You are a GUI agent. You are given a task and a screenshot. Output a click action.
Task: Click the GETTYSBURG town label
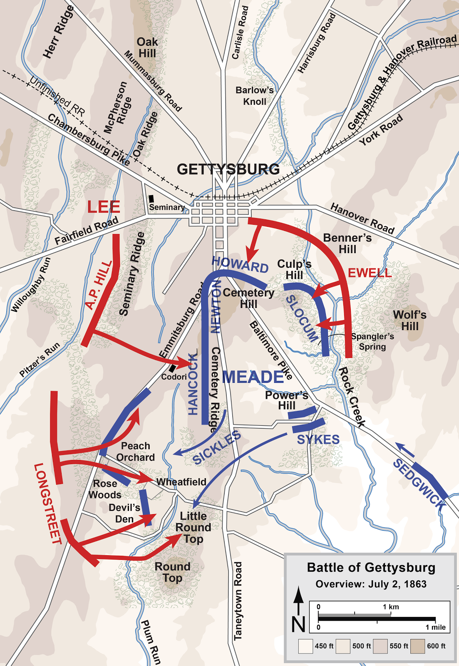228,169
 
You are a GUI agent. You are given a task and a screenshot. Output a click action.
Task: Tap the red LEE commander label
104,207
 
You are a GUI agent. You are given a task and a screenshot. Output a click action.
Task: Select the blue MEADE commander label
253,377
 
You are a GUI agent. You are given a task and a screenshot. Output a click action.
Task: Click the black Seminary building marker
151,199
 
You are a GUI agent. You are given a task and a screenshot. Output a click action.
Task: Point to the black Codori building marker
172,368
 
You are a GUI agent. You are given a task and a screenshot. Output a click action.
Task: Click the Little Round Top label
193,527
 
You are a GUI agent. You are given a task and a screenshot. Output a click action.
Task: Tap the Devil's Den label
124,513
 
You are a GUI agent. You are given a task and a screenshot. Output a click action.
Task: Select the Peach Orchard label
135,452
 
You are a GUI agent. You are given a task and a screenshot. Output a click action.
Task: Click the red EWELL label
370,273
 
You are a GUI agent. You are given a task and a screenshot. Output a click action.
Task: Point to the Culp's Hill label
294,269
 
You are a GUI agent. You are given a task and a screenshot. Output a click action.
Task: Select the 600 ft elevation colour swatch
417,646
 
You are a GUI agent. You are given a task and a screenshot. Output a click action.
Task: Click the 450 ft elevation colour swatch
305,646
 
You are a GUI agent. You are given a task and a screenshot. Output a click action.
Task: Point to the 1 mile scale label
435,627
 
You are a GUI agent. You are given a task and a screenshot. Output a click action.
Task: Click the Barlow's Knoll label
254,96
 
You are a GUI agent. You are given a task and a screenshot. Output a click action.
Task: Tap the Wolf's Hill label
409,321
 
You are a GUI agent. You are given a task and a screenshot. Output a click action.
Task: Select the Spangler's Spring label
372,341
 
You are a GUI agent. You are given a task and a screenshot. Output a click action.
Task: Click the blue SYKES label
318,440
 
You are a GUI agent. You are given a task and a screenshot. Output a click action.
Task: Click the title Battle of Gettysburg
371,568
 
